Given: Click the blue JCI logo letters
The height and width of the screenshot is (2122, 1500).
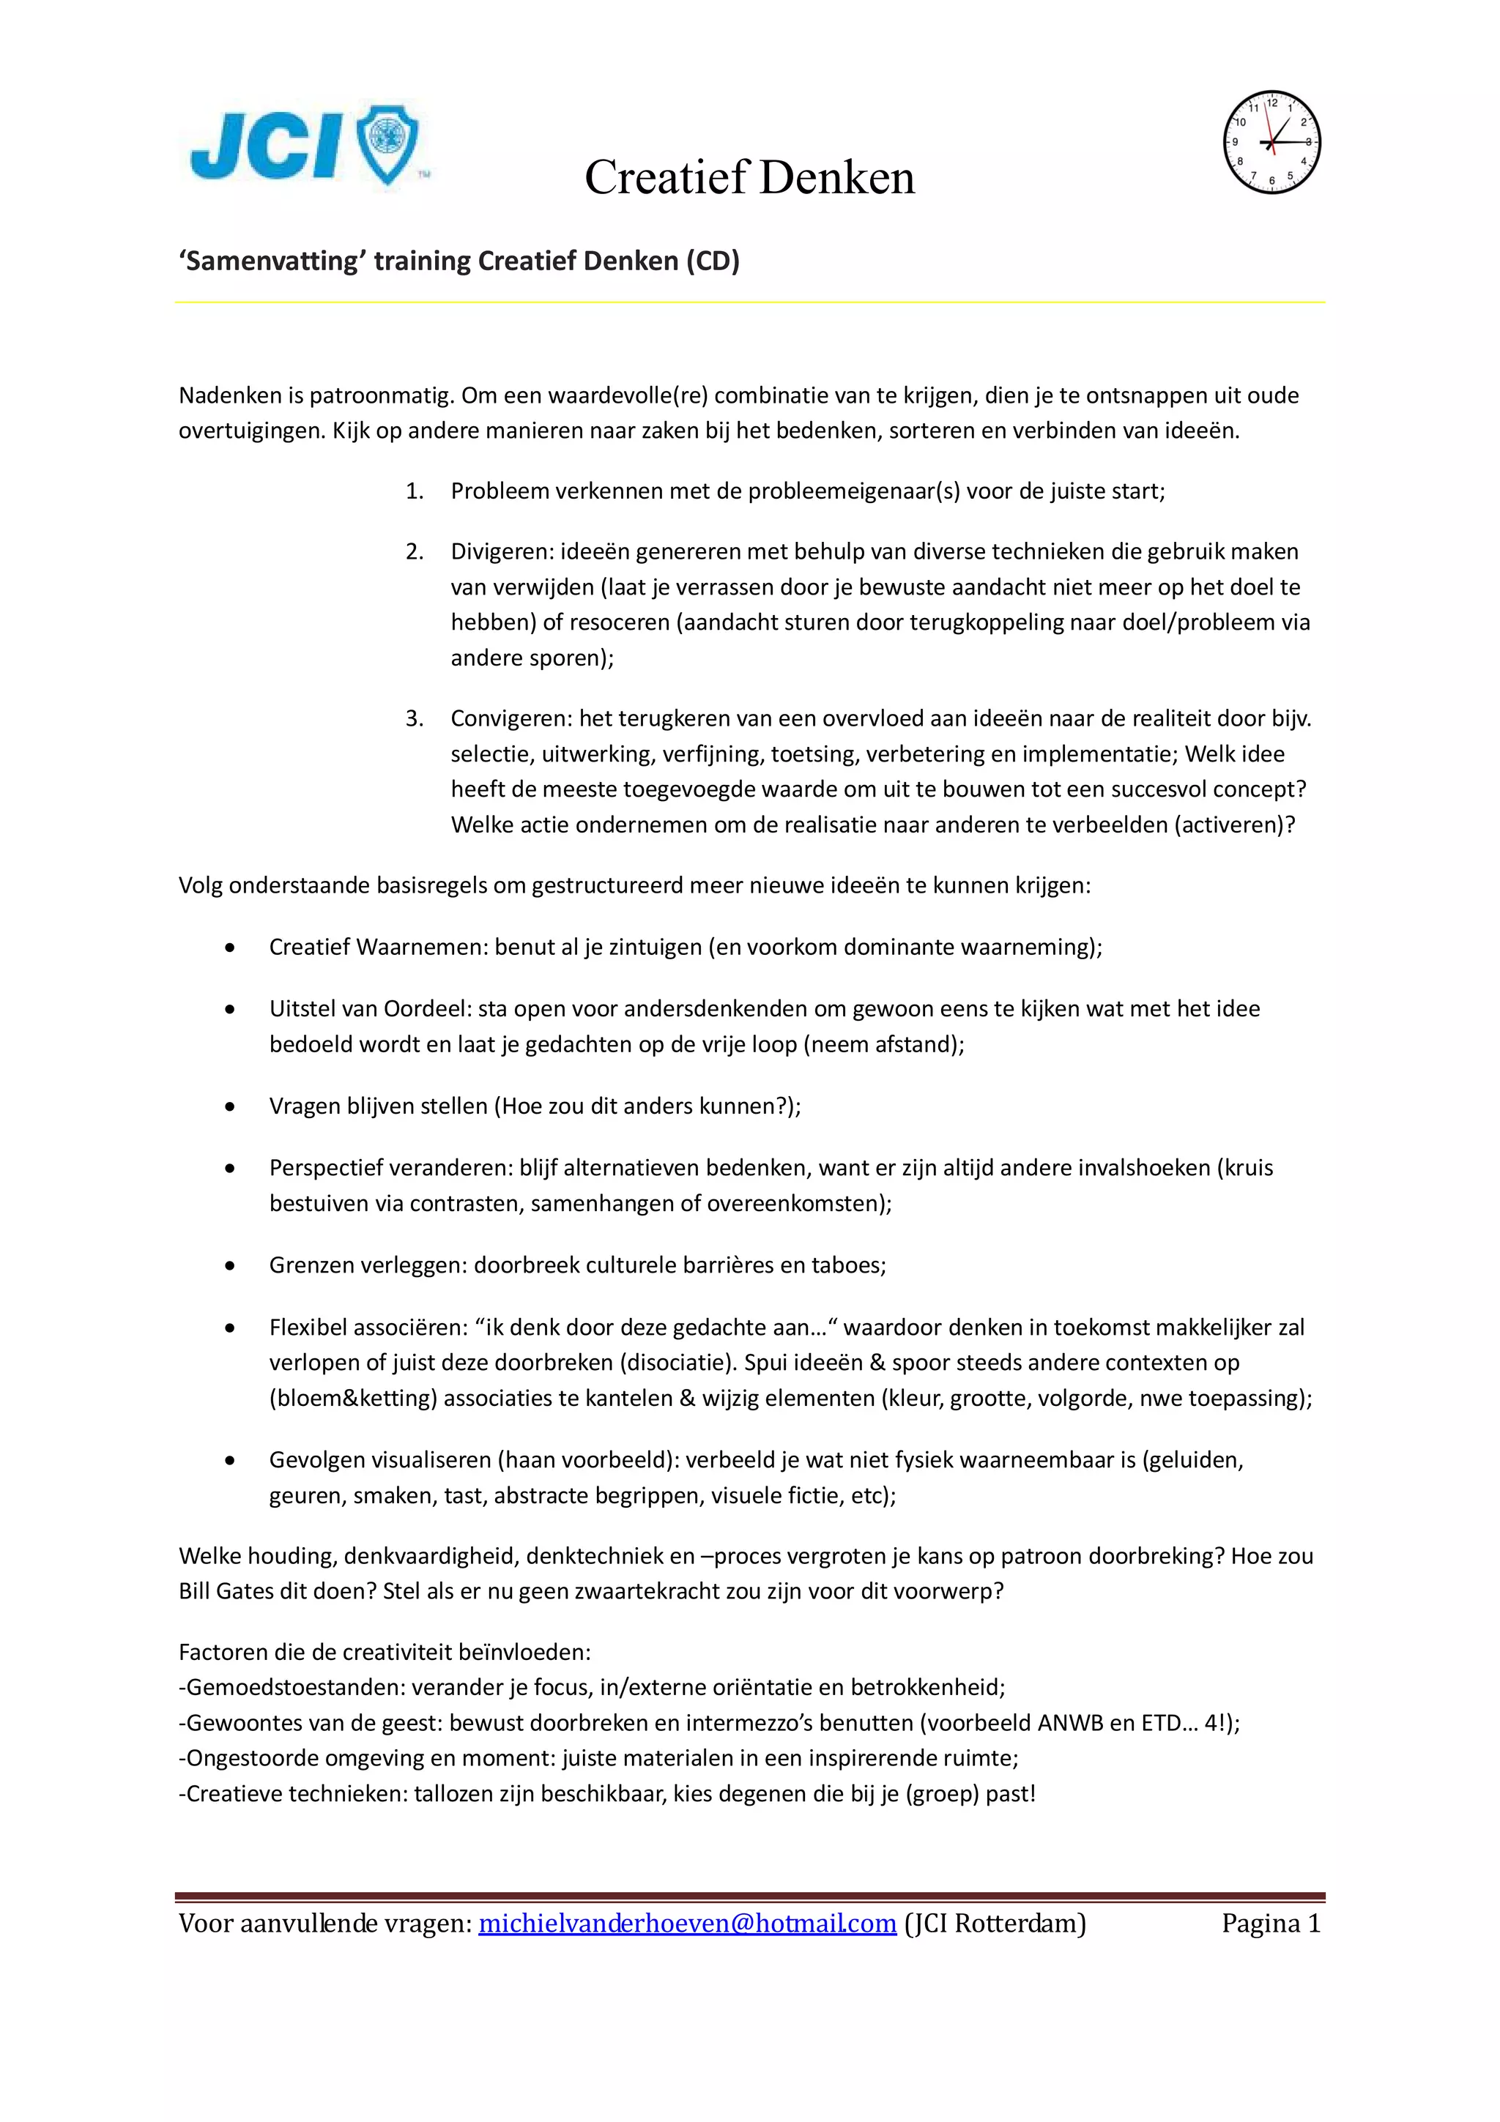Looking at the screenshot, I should pos(266,146).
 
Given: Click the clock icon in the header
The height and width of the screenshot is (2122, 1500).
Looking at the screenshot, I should pos(1271,142).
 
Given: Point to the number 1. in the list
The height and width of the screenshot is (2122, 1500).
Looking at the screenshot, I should pos(414,491).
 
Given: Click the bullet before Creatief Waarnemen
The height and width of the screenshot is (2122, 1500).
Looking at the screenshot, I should pos(230,948).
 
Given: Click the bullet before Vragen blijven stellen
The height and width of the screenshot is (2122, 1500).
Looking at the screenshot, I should pos(230,1106).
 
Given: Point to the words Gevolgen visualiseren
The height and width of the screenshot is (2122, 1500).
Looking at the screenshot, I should pos(380,1459).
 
